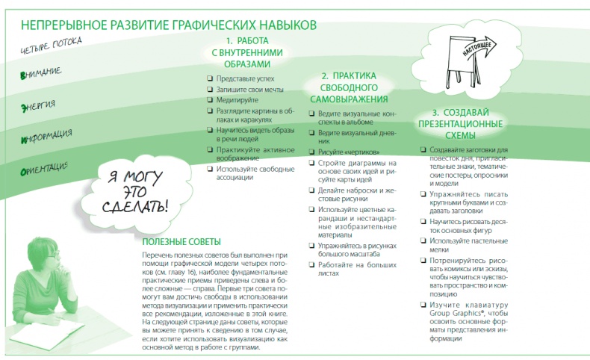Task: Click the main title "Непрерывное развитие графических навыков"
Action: [168, 25]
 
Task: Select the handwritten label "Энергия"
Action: [40, 105]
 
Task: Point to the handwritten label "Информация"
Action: [46, 137]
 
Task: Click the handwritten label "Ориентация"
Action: [45, 170]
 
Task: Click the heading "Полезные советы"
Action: [181, 242]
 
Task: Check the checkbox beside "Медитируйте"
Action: [210, 99]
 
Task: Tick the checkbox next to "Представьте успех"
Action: [210, 78]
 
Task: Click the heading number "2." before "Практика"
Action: [325, 75]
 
